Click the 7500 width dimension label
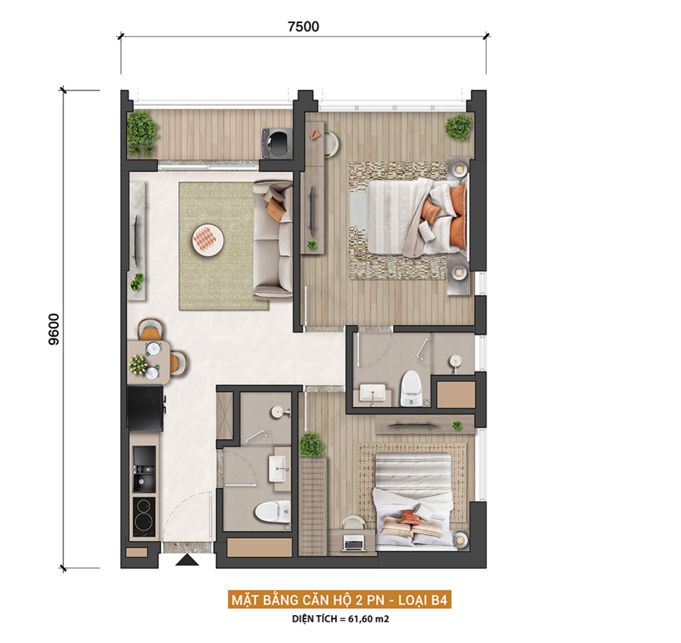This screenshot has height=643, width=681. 303,27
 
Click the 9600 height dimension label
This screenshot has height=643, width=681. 54,329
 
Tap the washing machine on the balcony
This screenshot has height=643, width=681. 276,143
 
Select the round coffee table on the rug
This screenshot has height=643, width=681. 208,240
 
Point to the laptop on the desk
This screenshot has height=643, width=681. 353,543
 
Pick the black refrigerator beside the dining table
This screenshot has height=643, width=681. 145,408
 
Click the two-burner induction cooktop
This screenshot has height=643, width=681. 144,517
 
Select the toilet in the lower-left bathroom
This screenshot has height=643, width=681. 273,512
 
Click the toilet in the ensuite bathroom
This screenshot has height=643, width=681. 410,388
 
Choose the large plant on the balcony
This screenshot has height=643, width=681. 141,133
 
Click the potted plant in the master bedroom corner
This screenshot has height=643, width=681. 458,127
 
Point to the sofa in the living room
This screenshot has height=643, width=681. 273,240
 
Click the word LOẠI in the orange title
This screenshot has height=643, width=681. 414,600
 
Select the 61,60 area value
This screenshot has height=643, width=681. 360,619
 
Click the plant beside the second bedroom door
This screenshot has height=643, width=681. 311,445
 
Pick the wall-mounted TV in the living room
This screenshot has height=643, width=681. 136,240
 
